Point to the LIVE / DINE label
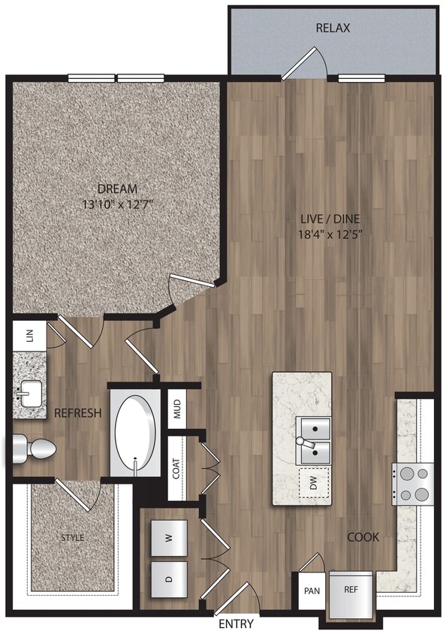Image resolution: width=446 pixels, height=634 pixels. tap(331, 219)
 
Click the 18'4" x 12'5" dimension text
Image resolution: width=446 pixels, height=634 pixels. tap(331, 234)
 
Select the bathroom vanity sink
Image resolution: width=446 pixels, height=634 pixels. tap(29, 391)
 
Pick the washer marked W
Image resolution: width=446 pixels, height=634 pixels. tap(169, 538)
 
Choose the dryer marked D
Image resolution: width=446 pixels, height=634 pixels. tap(169, 579)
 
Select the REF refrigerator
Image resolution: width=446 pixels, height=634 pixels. tap(351, 590)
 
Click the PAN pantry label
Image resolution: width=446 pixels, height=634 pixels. tap(312, 591)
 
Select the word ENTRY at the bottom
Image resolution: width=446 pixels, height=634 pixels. tap(236, 624)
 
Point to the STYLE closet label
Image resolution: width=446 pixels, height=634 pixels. tap(73, 538)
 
